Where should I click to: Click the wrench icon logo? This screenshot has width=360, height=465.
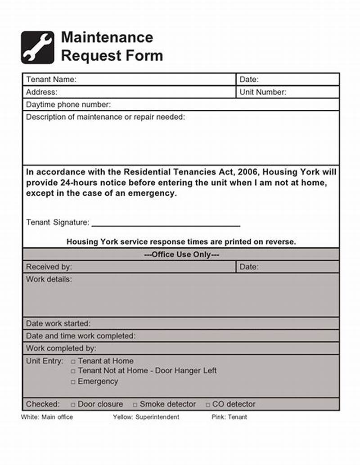pos(37,47)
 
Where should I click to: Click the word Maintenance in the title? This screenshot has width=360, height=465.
pos(107,37)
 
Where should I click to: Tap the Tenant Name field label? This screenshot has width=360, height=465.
pos(51,80)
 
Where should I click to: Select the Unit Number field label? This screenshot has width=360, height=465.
pos(263,92)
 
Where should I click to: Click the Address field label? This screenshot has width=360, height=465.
pos(42,92)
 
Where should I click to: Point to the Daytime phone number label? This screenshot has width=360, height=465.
pos(68,105)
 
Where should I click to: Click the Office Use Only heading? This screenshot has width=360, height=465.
pos(181,255)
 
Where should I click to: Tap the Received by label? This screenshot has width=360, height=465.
pos(49,267)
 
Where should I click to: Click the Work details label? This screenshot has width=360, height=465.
pos(49,279)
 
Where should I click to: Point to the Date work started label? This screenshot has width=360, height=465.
pos(58,323)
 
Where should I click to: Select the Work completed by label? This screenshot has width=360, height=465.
pos(61,349)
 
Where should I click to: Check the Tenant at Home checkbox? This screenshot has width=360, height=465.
pos(73,362)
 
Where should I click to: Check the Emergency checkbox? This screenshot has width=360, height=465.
pos(73,382)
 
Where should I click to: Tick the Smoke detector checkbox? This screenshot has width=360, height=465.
pos(135,405)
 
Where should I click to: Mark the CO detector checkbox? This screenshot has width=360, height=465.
pos(208,405)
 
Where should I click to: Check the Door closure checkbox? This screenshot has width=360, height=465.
pos(73,405)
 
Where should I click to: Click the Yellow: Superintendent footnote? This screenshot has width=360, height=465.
pos(146,417)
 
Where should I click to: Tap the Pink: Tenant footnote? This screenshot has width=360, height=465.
pos(229,417)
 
